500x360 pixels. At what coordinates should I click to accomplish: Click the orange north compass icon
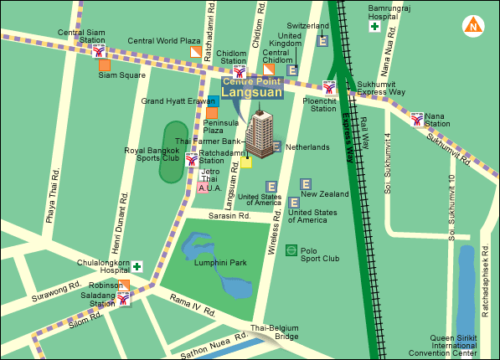(x=475, y=25)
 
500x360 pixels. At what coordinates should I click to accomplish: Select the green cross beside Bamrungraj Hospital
(x=374, y=27)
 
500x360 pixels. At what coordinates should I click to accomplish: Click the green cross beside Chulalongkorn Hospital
(x=136, y=266)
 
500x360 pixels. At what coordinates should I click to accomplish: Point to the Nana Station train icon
(x=417, y=119)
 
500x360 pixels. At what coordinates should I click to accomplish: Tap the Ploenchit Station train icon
(x=330, y=87)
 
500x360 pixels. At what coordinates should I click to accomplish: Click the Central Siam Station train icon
(x=100, y=49)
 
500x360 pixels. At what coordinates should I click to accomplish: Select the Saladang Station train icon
(x=124, y=298)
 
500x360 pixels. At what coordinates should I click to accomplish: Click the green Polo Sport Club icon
(x=291, y=249)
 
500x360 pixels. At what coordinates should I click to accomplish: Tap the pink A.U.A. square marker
(x=204, y=188)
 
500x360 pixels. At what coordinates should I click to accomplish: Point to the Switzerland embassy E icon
(x=322, y=41)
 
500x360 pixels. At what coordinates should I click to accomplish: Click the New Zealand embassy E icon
(x=306, y=184)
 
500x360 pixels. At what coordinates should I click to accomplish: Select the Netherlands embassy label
(x=307, y=147)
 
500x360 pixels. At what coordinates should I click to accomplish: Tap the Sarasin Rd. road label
(x=229, y=214)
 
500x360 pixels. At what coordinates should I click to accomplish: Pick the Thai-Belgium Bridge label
(x=275, y=332)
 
